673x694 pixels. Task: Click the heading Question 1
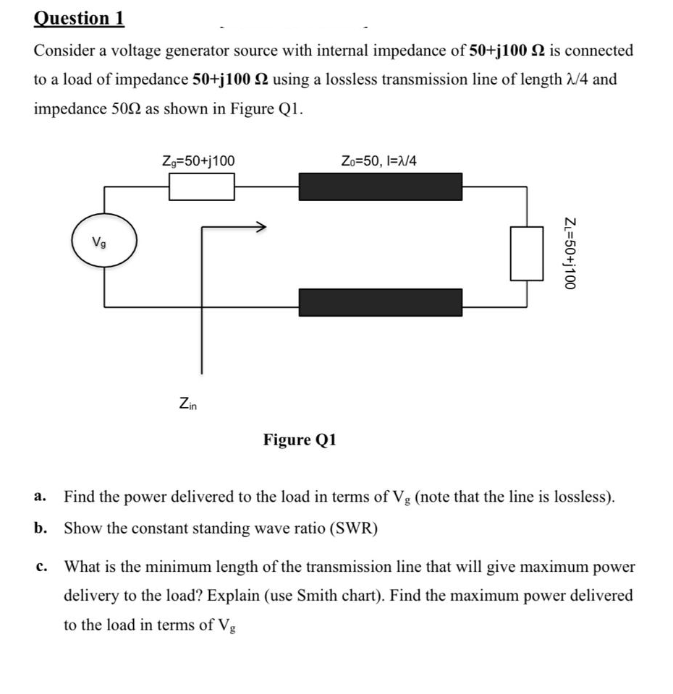pyautogui.click(x=79, y=18)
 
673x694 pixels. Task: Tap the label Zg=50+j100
pyautogui.click(x=198, y=160)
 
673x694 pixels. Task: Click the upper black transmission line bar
pyautogui.click(x=380, y=187)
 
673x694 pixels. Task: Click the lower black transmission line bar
pyautogui.click(x=380, y=302)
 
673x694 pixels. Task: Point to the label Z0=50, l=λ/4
pyautogui.click(x=378, y=160)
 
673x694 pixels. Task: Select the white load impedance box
pyautogui.click(x=527, y=252)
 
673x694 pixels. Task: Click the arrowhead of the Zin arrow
pyautogui.click(x=260, y=227)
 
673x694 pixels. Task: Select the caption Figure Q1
pyautogui.click(x=300, y=440)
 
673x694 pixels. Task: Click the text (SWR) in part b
pyautogui.click(x=353, y=528)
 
